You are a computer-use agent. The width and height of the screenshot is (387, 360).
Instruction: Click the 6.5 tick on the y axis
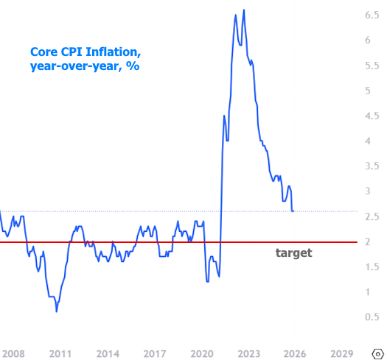[x=372, y=15]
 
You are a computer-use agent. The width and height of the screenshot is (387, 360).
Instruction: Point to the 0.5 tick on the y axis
[x=372, y=317]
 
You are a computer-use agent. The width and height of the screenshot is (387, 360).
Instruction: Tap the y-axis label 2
[x=377, y=241]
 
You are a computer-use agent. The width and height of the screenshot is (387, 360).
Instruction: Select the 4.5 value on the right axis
[x=372, y=116]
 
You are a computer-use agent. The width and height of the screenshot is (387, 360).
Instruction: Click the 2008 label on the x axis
[x=13, y=353]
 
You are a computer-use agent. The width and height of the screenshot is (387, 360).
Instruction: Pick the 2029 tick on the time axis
[x=341, y=353]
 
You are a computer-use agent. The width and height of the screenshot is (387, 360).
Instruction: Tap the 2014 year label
[x=108, y=353]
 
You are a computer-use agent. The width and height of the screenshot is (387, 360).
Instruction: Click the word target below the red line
[x=293, y=253]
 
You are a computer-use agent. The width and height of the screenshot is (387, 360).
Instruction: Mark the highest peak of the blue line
[x=244, y=10]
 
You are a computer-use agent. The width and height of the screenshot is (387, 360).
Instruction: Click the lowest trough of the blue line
[x=57, y=312]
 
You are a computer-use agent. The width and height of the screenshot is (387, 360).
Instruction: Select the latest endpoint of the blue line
[x=293, y=211]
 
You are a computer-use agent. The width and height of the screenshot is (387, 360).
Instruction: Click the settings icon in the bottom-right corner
[x=377, y=353]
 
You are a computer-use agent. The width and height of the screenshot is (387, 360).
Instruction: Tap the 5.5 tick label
[x=372, y=65]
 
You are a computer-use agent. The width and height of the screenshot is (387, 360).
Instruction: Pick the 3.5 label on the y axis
[x=372, y=166]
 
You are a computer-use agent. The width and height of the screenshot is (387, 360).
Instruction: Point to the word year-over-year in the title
[x=72, y=66]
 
